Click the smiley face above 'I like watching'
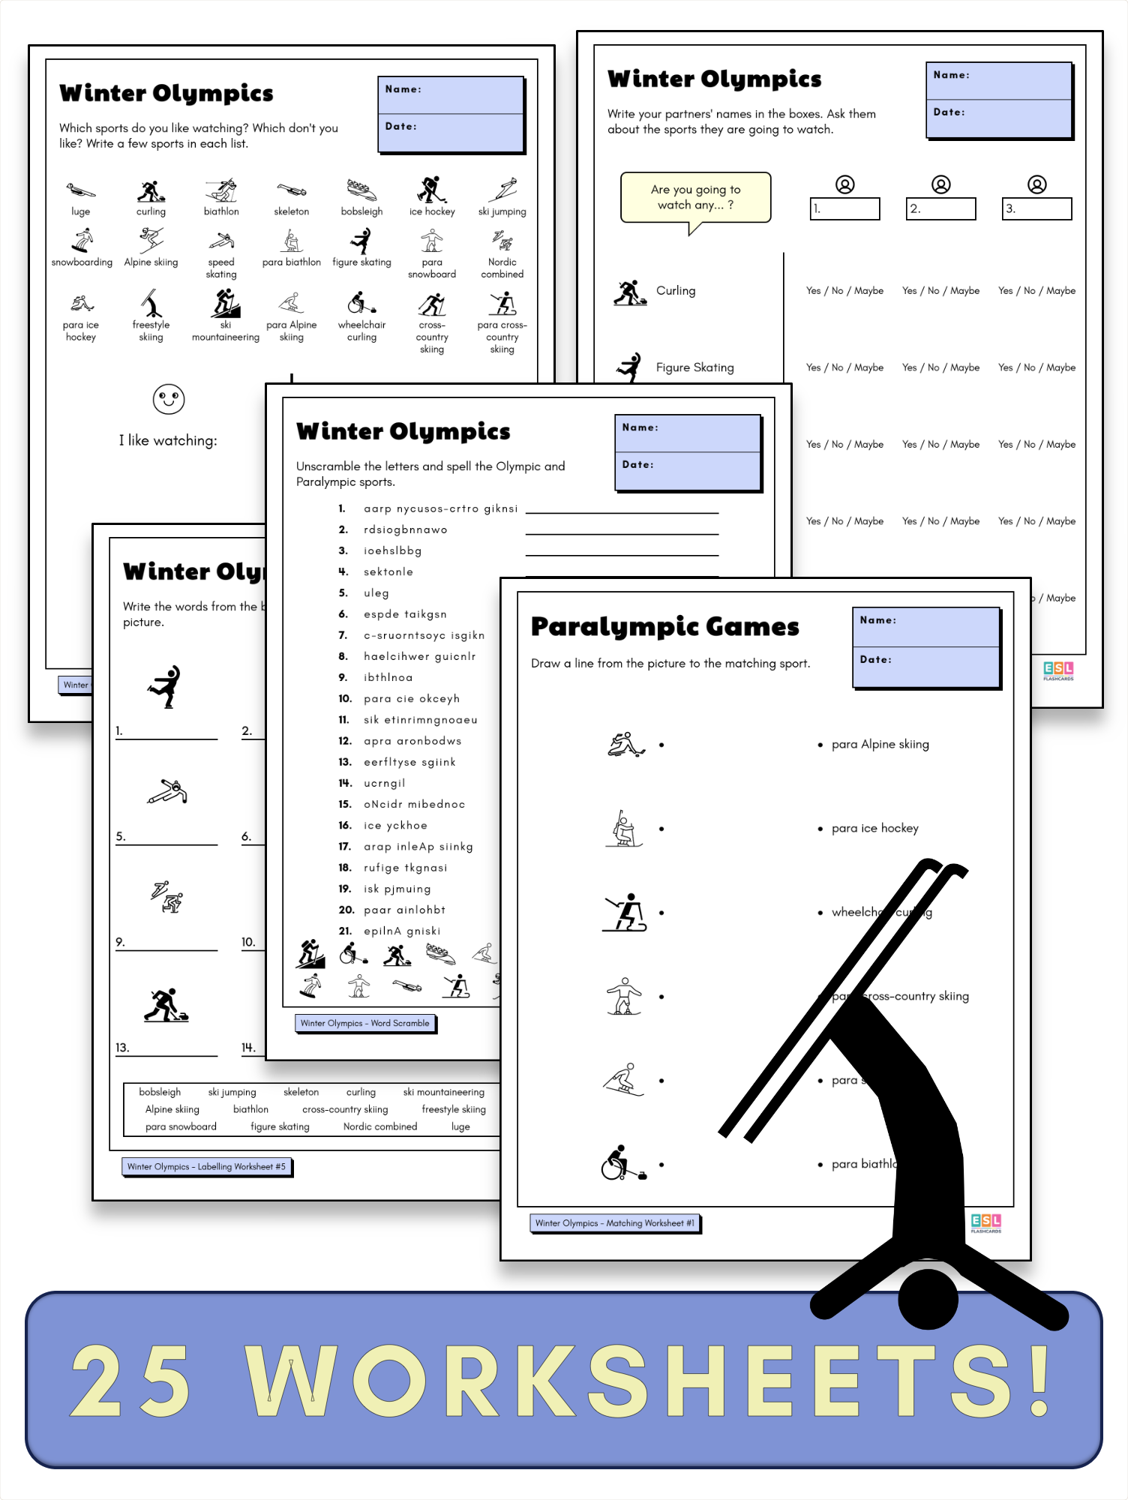168,399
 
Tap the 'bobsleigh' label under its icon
361,211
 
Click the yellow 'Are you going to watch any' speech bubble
695,197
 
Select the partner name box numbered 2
940,208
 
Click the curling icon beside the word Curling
630,292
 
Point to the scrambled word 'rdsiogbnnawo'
405,529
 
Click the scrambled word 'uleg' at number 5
376,592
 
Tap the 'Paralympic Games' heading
664,626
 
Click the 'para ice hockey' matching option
874,828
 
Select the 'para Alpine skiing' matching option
880,744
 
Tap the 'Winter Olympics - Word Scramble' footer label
365,1023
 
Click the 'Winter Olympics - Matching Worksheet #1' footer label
614,1223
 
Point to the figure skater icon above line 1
165,686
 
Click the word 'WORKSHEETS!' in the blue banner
649,1380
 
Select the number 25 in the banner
131,1380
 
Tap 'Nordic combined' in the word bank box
379,1126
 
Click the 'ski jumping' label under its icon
502,211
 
